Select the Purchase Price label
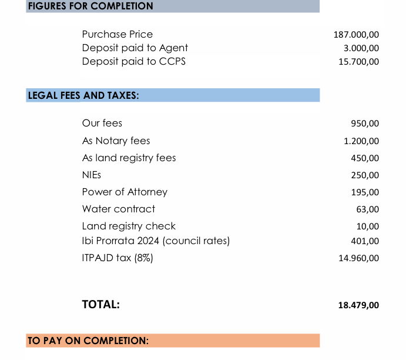(x=117, y=35)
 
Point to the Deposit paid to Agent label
(x=135, y=48)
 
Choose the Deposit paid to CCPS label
(x=133, y=61)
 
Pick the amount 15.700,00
(x=358, y=62)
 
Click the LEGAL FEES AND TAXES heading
(x=83, y=95)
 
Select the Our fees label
(x=102, y=124)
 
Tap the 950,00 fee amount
(x=365, y=124)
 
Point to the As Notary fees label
(x=116, y=141)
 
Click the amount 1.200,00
(x=361, y=142)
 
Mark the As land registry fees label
(x=129, y=158)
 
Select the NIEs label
(x=91, y=175)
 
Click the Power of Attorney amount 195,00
(x=365, y=192)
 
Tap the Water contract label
(x=119, y=209)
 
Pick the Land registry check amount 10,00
(x=367, y=226)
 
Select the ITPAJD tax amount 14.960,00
(x=358, y=258)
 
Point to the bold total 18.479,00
(x=358, y=305)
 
